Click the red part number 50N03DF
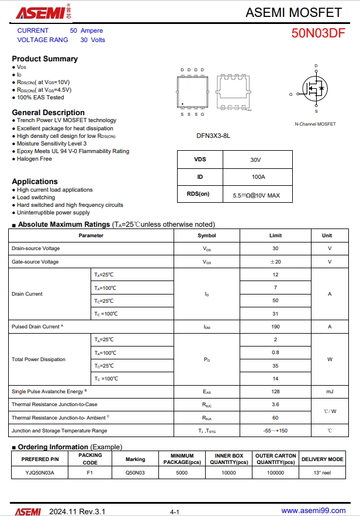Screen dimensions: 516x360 (319, 33)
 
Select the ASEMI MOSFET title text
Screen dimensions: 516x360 (293, 12)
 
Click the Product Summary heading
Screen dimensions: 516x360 (45, 58)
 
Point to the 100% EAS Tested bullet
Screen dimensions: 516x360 (40, 98)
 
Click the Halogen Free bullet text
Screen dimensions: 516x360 (34, 159)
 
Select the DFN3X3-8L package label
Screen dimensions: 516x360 (213, 136)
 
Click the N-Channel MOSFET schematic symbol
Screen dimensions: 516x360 (316, 89)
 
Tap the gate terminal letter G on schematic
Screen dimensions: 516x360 (290, 94)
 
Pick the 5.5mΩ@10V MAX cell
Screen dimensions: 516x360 (255, 195)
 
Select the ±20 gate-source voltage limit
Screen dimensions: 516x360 (275, 262)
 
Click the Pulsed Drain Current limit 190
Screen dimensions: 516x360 (275, 327)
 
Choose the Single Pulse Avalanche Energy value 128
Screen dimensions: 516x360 (275, 392)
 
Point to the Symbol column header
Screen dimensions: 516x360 (207, 236)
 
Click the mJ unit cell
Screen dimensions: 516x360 (330, 392)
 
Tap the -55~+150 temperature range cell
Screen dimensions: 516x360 (275, 431)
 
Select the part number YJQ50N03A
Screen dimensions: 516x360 (40, 473)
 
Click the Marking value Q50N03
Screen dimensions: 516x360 (135, 473)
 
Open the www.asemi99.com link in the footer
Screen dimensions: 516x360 (313, 511)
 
